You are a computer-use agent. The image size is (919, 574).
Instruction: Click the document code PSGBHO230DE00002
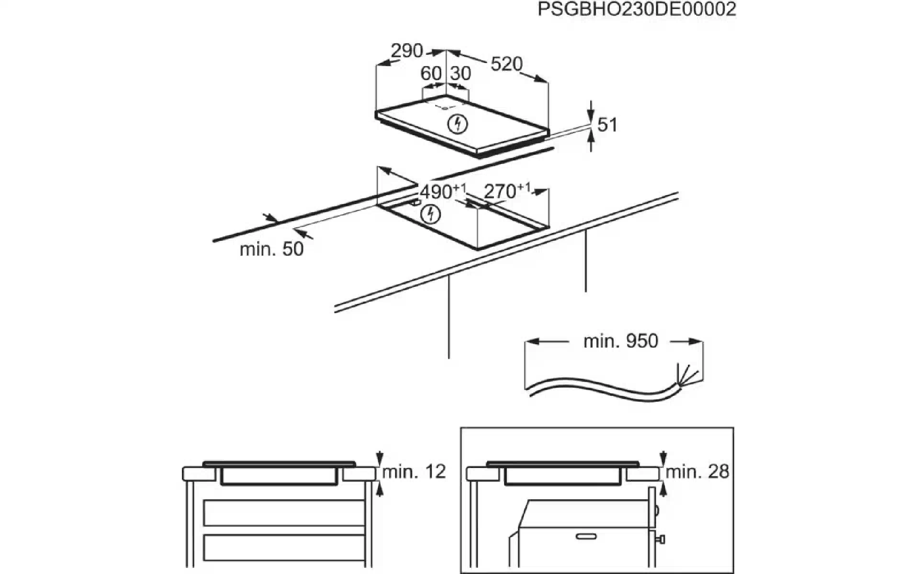(x=637, y=9)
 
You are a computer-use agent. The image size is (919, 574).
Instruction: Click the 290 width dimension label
(x=407, y=51)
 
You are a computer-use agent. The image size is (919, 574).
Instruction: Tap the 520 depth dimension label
(x=506, y=64)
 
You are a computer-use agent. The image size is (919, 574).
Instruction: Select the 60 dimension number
(x=431, y=73)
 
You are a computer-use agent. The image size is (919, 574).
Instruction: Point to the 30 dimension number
(x=460, y=73)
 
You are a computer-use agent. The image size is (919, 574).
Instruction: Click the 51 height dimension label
(x=607, y=125)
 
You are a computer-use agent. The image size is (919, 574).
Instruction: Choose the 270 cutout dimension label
(x=507, y=191)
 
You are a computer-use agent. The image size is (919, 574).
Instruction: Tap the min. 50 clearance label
(x=271, y=249)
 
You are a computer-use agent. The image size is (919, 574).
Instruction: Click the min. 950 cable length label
(x=621, y=341)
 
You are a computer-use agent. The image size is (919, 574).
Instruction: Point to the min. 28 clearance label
(x=697, y=472)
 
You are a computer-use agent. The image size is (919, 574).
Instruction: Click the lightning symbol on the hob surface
(x=457, y=124)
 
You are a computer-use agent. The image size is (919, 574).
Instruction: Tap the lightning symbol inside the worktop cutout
(x=430, y=214)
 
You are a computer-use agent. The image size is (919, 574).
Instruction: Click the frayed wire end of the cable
(x=685, y=375)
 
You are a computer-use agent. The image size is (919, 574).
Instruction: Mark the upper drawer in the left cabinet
(x=284, y=513)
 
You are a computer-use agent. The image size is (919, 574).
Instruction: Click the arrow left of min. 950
(x=548, y=342)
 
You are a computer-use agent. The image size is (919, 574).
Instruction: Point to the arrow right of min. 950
(x=686, y=342)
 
